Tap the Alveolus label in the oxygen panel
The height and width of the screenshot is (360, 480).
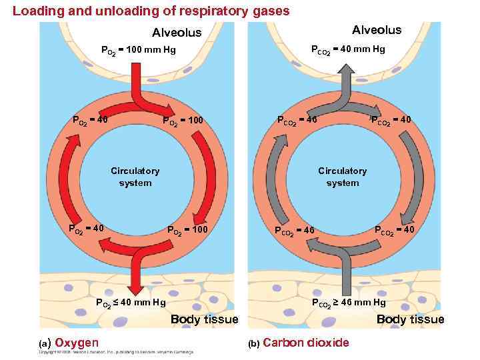click(x=177, y=33)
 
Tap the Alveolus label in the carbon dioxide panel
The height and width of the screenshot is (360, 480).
click(x=377, y=30)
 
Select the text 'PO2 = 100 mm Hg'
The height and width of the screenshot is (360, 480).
click(x=138, y=50)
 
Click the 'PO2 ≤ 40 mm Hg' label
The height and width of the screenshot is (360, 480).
click(x=131, y=304)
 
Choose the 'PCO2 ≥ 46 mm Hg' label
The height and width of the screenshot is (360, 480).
click(x=349, y=303)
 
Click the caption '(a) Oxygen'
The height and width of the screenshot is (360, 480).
click(x=69, y=343)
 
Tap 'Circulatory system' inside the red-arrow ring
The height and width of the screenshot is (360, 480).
click(x=135, y=177)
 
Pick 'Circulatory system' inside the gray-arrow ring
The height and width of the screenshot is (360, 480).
click(x=342, y=177)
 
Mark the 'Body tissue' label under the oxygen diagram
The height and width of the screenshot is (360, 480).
click(x=204, y=319)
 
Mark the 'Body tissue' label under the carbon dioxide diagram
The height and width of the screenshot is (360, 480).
click(x=410, y=319)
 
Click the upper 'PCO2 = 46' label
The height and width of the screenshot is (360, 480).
click(x=297, y=120)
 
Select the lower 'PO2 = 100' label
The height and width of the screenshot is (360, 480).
click(x=187, y=231)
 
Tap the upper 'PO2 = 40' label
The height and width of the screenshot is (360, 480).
click(x=90, y=121)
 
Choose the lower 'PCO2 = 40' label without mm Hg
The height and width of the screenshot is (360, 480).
click(x=395, y=231)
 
